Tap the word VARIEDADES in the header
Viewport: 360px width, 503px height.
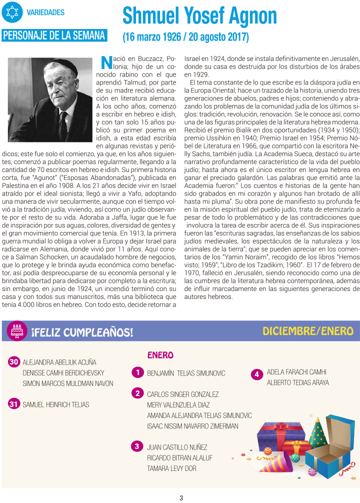click(x=45, y=12)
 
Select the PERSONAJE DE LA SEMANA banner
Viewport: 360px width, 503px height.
click(x=54, y=35)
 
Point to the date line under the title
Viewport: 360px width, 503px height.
click(x=185, y=37)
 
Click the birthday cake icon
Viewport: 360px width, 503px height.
click(x=18, y=330)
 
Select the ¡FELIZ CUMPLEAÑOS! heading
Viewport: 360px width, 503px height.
click(x=82, y=332)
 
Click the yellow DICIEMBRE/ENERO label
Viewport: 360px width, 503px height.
click(x=308, y=331)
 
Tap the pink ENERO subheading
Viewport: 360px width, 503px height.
click(x=160, y=355)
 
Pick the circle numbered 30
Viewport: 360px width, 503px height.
click(x=14, y=362)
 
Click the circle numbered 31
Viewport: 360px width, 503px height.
click(x=14, y=404)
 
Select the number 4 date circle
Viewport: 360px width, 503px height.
click(x=256, y=374)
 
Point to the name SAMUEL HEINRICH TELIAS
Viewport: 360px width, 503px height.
click(x=56, y=404)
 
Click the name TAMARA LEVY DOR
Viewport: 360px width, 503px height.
click(x=171, y=468)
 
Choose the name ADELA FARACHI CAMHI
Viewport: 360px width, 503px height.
click(x=296, y=372)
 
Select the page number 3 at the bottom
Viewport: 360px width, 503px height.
click(x=181, y=497)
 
